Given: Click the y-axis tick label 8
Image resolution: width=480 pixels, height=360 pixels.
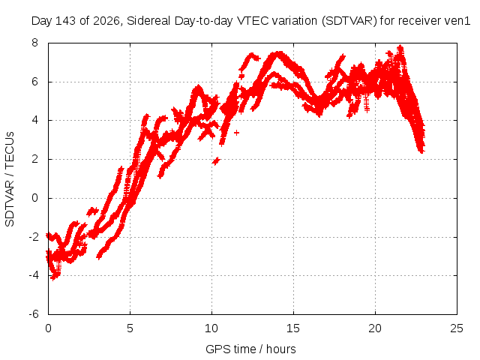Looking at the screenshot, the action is [x=35, y=43].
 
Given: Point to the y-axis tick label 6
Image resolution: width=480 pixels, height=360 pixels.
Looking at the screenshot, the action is [x=35, y=82].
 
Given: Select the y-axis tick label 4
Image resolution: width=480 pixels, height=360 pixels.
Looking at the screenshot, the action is [x=35, y=120].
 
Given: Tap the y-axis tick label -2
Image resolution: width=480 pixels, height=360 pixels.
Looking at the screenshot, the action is [x=34, y=237].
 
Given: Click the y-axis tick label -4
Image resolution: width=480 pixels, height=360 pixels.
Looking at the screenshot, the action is [x=34, y=275].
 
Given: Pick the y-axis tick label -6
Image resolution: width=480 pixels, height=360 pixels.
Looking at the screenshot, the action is [x=34, y=314].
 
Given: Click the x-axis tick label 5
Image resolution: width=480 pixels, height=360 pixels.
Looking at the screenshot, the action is [x=130, y=328].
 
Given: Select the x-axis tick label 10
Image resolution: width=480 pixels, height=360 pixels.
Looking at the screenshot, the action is [x=211, y=328].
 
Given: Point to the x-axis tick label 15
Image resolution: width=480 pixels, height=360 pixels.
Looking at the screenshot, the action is [x=293, y=328].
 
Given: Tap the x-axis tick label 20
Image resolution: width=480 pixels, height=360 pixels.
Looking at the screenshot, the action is [x=375, y=328].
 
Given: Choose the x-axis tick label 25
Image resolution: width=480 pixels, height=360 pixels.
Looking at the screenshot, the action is [x=457, y=328].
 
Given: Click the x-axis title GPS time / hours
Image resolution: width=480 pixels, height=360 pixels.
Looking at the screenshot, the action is [x=250, y=349].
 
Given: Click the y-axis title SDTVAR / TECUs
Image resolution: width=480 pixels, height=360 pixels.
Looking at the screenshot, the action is [x=10, y=179].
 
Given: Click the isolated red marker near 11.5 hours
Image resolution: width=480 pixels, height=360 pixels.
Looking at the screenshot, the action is [x=237, y=133].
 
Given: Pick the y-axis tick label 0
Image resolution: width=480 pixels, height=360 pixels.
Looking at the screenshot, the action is [x=35, y=198].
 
